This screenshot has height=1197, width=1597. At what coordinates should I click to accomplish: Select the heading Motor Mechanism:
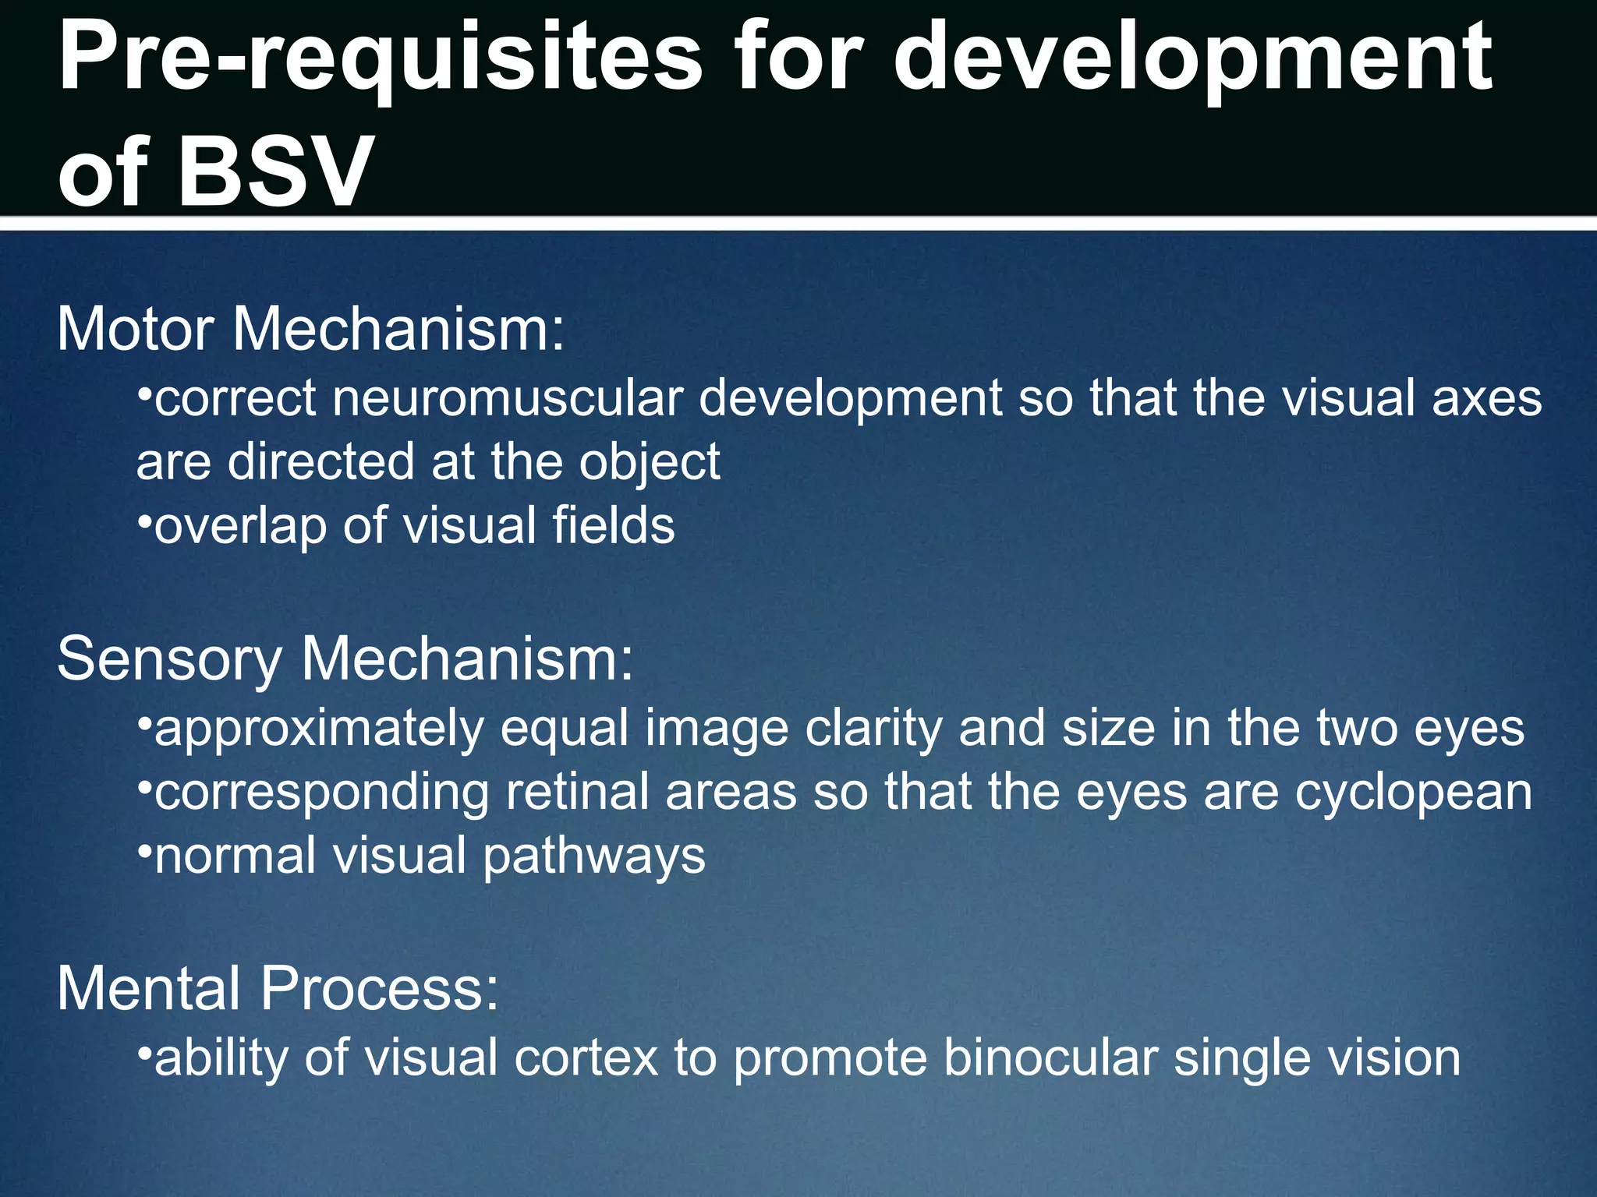tap(310, 330)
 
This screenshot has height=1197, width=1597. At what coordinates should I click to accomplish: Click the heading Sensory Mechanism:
tap(345, 659)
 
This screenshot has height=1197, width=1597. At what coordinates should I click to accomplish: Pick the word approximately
tap(319, 730)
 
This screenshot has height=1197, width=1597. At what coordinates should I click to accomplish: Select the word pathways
tap(594, 857)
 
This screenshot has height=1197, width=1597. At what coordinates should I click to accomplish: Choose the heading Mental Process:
tap(278, 989)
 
